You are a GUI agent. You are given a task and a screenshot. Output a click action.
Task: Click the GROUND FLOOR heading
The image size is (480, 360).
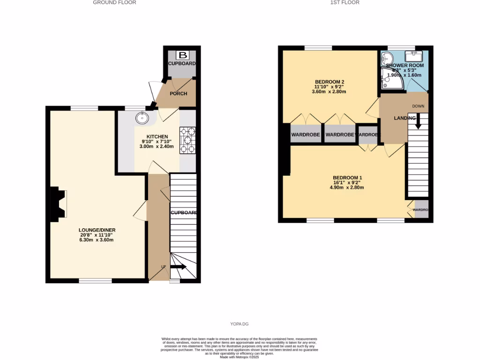pyautogui.click(x=114, y=2)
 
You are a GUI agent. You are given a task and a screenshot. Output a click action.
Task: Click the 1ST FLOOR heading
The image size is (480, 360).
pyautogui.click(x=345, y=2)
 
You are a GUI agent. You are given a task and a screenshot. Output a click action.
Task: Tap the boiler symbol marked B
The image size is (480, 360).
pyautogui.click(x=179, y=54)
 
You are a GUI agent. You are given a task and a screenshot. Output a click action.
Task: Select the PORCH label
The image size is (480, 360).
pyautogui.click(x=178, y=93)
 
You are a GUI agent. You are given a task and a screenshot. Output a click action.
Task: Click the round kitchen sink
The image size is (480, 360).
pyautogui.click(x=142, y=117)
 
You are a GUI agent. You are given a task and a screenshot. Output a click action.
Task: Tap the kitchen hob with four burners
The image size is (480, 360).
pyautogui.click(x=187, y=140)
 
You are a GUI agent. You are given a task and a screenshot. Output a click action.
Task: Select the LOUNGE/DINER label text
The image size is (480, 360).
pyautogui.click(x=97, y=230)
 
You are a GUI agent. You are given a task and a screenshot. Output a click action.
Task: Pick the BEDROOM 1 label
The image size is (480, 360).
pyautogui.click(x=347, y=178)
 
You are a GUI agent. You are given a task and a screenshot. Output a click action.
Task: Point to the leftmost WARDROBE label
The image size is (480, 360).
pyautogui.click(x=306, y=135)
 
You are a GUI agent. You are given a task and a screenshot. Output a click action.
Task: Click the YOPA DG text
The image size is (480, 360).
pyautogui.click(x=240, y=324)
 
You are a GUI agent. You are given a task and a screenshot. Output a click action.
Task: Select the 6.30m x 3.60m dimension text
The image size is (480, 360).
pyautogui.click(x=97, y=240)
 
